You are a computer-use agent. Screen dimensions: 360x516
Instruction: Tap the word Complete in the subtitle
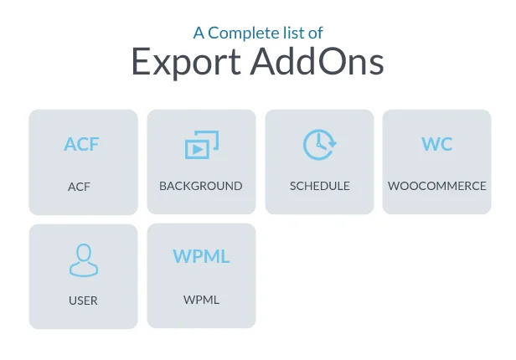(x=244, y=33)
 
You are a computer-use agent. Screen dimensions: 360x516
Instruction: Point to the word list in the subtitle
(x=294, y=33)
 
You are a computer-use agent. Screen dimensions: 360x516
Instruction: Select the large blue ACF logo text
(x=81, y=145)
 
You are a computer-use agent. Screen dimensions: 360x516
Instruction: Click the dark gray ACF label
(x=79, y=187)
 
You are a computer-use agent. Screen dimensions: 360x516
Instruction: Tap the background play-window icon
(x=201, y=145)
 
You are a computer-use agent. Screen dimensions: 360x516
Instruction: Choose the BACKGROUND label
(x=201, y=186)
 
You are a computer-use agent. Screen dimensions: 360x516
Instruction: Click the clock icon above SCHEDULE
(x=319, y=145)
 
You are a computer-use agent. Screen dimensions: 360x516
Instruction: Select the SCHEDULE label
(x=320, y=186)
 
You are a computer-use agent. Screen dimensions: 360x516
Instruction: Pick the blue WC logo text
(x=436, y=144)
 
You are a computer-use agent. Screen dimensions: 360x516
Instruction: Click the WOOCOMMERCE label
(x=437, y=186)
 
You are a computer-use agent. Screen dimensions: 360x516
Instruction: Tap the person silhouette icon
(x=83, y=260)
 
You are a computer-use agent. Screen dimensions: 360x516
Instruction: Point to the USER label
(x=83, y=301)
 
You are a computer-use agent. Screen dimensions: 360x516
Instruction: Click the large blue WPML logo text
(x=201, y=256)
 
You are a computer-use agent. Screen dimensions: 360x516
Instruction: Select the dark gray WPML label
(x=201, y=300)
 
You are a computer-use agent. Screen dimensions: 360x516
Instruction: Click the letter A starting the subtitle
(x=199, y=33)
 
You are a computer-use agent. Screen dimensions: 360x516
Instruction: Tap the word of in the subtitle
(x=316, y=33)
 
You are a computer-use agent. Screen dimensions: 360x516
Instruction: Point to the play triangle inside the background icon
(x=197, y=150)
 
